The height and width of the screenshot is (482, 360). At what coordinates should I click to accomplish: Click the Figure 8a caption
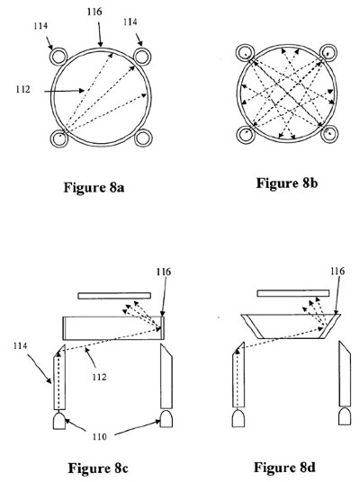[94, 187]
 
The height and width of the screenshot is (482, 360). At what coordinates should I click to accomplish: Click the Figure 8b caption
[287, 183]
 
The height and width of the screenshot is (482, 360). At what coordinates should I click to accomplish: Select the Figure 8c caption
[98, 469]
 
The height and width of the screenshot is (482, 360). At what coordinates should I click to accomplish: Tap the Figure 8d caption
[284, 467]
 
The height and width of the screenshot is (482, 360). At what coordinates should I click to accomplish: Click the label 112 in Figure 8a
[23, 89]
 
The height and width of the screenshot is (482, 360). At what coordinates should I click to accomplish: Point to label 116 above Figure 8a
[94, 12]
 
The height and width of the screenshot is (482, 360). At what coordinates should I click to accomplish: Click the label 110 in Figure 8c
[100, 436]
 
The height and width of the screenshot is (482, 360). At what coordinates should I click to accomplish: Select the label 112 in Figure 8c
[99, 377]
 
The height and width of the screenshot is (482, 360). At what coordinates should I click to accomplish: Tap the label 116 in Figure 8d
[337, 271]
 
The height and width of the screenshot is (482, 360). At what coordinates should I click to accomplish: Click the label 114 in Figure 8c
[20, 345]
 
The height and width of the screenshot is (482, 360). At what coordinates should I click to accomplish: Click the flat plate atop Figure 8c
[114, 296]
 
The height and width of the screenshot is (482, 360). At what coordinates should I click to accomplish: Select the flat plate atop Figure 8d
[292, 293]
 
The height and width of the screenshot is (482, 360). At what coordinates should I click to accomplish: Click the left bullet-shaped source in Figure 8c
[59, 421]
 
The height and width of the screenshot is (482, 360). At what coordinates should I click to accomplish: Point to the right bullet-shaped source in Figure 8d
[345, 416]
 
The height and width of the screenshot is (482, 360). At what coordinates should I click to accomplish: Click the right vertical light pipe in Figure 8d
[345, 373]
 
